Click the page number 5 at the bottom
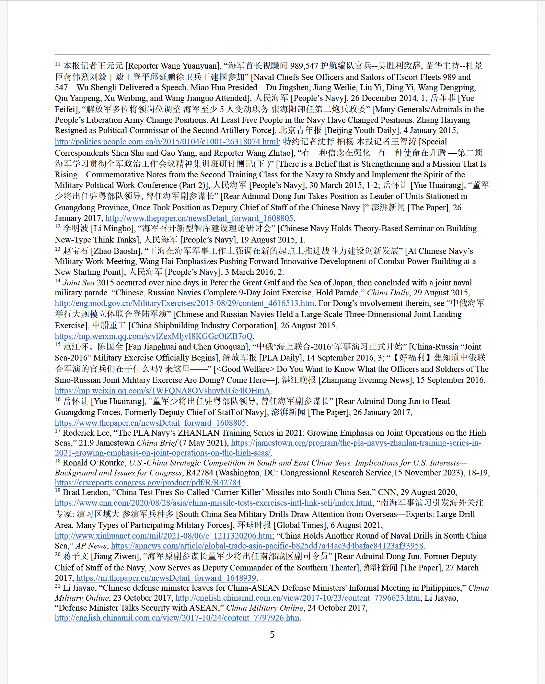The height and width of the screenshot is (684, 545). click(272, 635)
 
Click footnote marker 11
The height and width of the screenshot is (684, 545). click(57, 64)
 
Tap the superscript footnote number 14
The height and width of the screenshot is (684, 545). click(57, 281)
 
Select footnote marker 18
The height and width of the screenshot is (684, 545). click(57, 461)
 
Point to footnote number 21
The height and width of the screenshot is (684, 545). click(57, 586)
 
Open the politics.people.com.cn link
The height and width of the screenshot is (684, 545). click(166, 142)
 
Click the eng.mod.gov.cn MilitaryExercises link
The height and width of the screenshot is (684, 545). click(184, 303)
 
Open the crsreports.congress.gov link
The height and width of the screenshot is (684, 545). click(148, 483)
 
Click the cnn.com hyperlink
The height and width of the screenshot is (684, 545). click(213, 503)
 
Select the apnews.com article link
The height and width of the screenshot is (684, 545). click(267, 546)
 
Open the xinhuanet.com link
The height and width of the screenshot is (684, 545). click(163, 536)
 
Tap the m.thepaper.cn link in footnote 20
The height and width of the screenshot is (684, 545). click(166, 578)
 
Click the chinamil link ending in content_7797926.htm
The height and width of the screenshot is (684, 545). click(177, 618)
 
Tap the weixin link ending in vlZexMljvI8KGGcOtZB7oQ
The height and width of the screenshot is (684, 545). click(154, 336)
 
